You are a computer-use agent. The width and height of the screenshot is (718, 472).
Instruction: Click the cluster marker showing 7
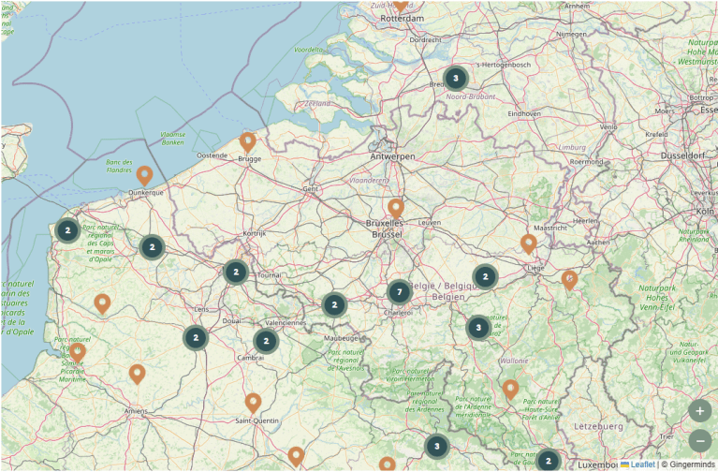click(400, 292)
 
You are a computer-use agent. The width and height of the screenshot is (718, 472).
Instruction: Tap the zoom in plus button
click(700, 410)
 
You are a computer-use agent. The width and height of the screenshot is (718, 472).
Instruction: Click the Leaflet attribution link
click(642, 465)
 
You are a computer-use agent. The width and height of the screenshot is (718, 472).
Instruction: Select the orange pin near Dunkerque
click(144, 174)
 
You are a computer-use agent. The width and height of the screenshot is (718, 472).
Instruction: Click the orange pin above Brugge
click(248, 141)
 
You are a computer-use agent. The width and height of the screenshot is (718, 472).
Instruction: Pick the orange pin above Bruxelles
click(396, 208)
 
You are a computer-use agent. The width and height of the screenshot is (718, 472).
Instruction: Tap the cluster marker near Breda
click(455, 78)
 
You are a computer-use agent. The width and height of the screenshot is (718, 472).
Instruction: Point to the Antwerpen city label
click(392, 156)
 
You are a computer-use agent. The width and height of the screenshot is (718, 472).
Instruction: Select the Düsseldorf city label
click(688, 155)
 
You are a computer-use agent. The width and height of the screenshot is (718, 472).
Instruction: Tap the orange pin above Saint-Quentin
click(253, 403)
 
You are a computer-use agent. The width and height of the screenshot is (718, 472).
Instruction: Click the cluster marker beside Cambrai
click(266, 341)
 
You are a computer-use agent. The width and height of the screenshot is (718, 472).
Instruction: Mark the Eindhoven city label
click(525, 113)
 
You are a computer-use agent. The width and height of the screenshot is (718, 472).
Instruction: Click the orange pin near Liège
click(529, 243)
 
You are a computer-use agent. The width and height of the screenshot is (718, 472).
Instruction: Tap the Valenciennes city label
click(286, 323)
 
